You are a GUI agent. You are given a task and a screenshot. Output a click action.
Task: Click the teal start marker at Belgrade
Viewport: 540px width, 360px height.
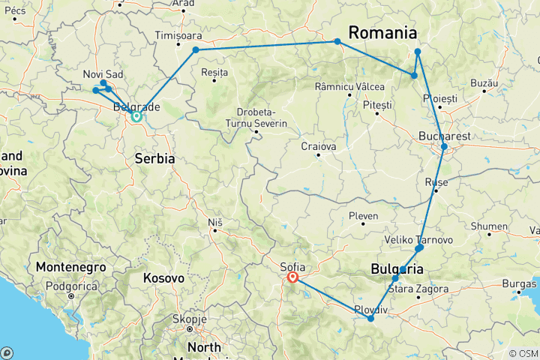tap(136, 116)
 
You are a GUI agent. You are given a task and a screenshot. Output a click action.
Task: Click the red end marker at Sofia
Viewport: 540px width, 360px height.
tap(292, 277)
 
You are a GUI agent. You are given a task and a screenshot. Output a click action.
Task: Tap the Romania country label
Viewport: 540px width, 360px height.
tap(381, 33)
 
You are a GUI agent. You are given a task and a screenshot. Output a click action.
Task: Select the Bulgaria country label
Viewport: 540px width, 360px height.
tap(397, 270)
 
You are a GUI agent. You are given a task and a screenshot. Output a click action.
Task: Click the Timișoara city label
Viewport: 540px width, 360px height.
tap(178, 35)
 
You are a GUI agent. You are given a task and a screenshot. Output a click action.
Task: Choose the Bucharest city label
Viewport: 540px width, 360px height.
tap(445, 136)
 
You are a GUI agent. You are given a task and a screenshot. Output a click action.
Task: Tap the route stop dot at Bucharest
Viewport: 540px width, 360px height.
tap(444, 147)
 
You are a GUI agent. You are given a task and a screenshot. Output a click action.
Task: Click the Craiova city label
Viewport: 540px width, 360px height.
tap(318, 146)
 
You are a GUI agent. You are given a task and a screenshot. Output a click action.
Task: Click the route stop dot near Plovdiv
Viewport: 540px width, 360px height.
tap(370, 319)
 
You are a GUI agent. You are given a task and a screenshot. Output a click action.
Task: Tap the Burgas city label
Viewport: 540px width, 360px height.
tap(520, 283)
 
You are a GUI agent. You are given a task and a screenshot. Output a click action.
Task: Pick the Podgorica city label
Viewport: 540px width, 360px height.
tap(71, 286)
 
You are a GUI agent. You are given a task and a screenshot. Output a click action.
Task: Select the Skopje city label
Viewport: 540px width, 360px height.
tap(189, 319)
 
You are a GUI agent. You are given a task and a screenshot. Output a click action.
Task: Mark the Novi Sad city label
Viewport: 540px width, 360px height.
tap(103, 74)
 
